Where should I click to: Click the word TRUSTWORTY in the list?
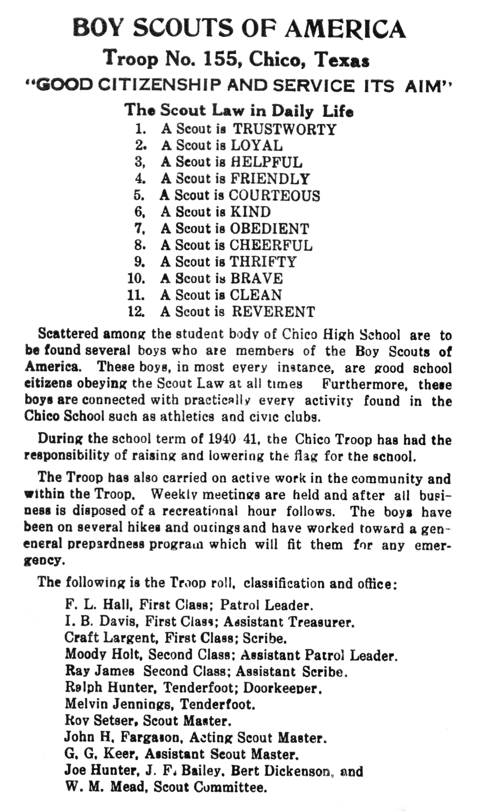click(x=284, y=129)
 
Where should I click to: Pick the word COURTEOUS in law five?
click(x=274, y=196)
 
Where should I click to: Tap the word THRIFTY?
click(x=263, y=262)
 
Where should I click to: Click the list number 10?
click(x=136, y=278)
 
